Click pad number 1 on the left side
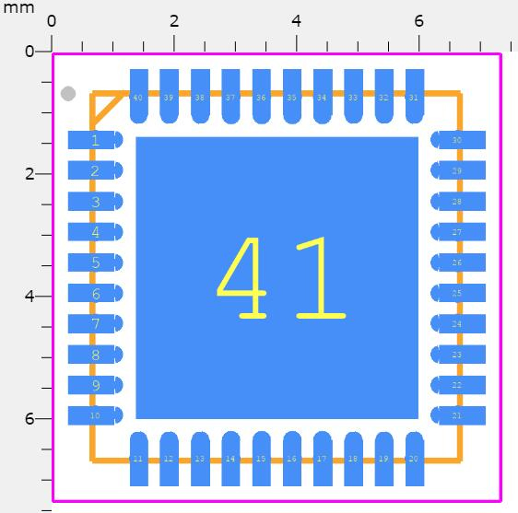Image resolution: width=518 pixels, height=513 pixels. pyautogui.click(x=95, y=140)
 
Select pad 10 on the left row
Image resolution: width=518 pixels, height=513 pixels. pyautogui.click(x=95, y=415)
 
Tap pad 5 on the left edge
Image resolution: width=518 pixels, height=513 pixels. pyautogui.click(x=95, y=262)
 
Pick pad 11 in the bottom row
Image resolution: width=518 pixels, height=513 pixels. pyautogui.click(x=138, y=459)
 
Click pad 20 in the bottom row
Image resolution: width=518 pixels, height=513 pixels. pyautogui.click(x=414, y=459)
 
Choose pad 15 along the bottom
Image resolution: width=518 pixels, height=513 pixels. pyautogui.click(x=261, y=459)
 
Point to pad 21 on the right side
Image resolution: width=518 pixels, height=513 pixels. pyautogui.click(x=457, y=415)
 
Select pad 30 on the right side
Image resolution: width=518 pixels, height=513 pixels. pyautogui.click(x=457, y=140)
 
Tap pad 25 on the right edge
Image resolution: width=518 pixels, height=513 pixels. pyautogui.click(x=457, y=293)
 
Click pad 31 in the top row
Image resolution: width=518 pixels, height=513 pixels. pyautogui.click(x=414, y=96)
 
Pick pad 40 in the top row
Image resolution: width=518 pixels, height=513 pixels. pyautogui.click(x=138, y=96)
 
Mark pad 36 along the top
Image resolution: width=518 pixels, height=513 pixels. pyautogui.click(x=261, y=96)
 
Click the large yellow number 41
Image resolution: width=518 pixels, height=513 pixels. pyautogui.click(x=280, y=278)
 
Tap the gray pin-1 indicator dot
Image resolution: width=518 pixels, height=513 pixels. pyautogui.click(x=68, y=93)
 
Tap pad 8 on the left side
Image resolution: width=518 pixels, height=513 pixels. pyautogui.click(x=95, y=355)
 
